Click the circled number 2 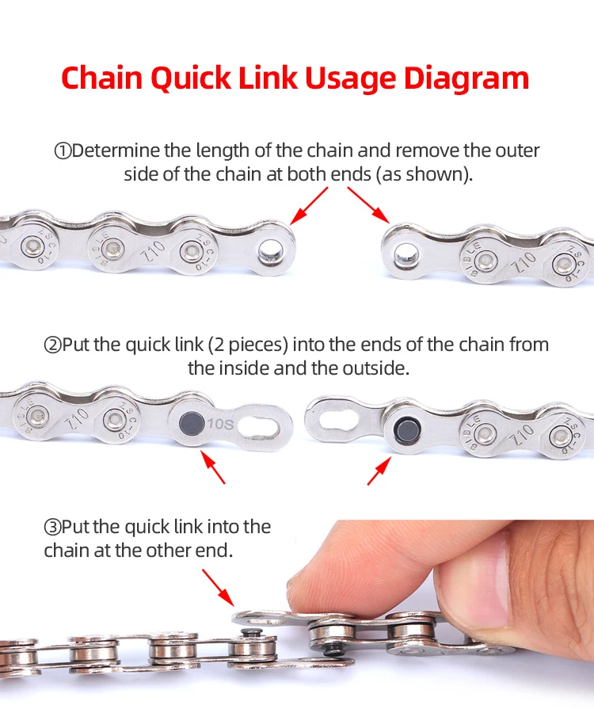pos(52,345)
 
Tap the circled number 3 pos(52,527)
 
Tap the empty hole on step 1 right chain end pos(402,255)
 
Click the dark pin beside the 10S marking pos(190,421)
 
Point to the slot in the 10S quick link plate pos(260,429)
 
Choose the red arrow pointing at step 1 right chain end pos(369,204)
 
